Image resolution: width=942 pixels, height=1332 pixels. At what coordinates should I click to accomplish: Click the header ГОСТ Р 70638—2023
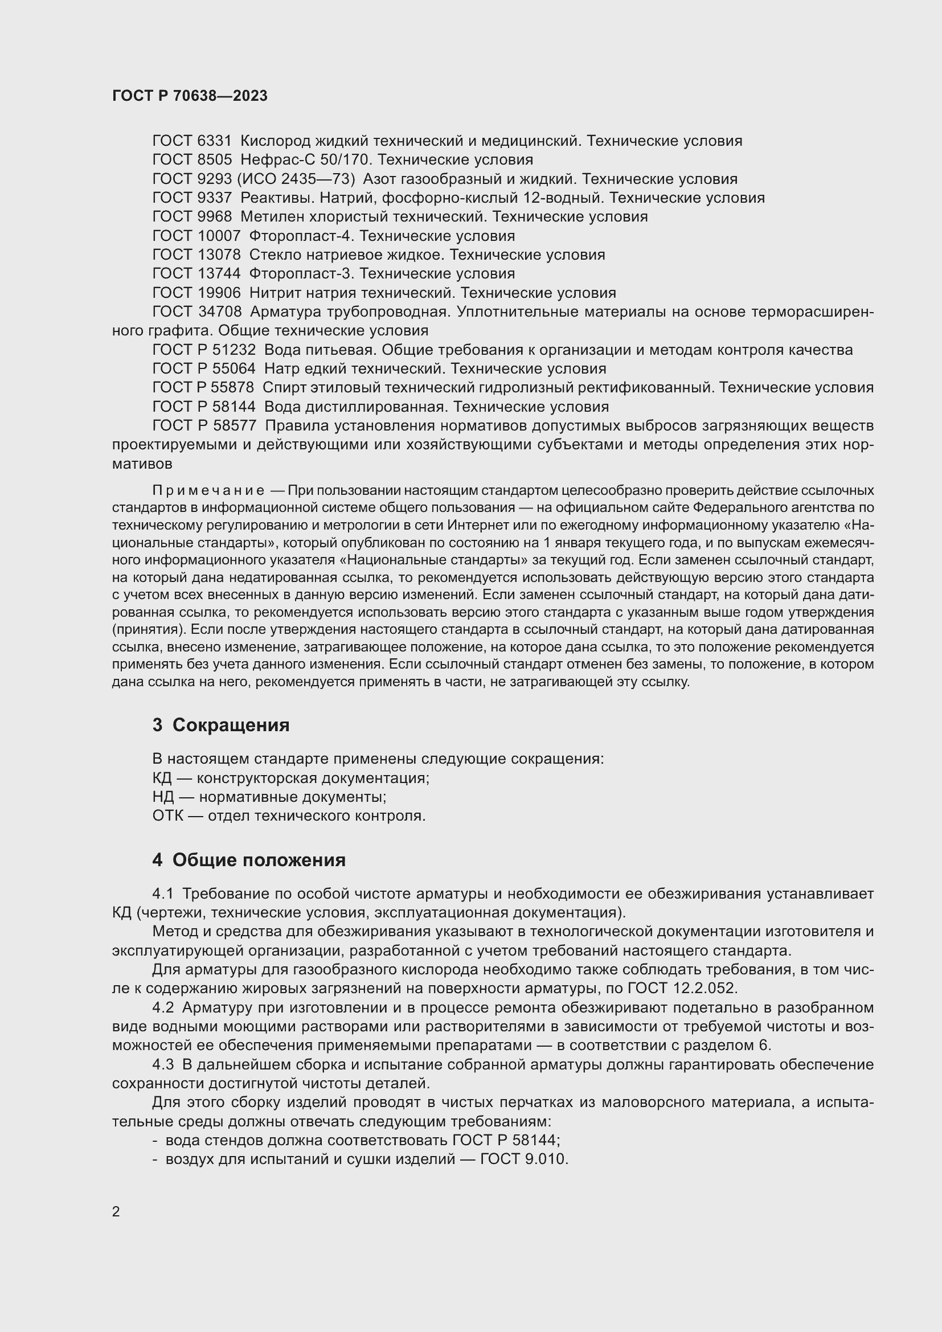pyautogui.click(x=190, y=96)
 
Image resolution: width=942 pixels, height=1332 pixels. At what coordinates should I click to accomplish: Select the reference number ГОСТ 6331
pyautogui.click(x=191, y=141)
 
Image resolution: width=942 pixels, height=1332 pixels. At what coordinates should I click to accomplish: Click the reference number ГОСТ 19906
pyautogui.click(x=196, y=293)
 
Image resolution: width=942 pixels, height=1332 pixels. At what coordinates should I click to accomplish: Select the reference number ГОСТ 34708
pyautogui.click(x=196, y=312)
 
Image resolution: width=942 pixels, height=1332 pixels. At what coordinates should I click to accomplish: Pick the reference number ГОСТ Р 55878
pyautogui.click(x=203, y=388)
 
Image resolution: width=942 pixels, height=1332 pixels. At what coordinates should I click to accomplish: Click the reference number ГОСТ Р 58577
pyautogui.click(x=203, y=426)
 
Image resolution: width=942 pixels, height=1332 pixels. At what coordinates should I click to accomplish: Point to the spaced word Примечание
pyautogui.click(x=208, y=491)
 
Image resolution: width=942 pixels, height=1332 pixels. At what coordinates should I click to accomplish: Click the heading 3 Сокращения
pyautogui.click(x=220, y=725)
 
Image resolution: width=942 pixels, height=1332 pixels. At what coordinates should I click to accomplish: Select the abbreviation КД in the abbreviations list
pyautogui.click(x=162, y=778)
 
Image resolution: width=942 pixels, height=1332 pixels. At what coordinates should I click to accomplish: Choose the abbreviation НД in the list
pyautogui.click(x=162, y=797)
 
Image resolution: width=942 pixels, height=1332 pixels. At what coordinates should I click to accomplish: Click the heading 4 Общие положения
pyautogui.click(x=248, y=860)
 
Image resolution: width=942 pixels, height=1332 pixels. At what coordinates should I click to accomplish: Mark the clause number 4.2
pyautogui.click(x=163, y=1008)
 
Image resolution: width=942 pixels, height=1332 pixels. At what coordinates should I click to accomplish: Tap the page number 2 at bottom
pyautogui.click(x=116, y=1212)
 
